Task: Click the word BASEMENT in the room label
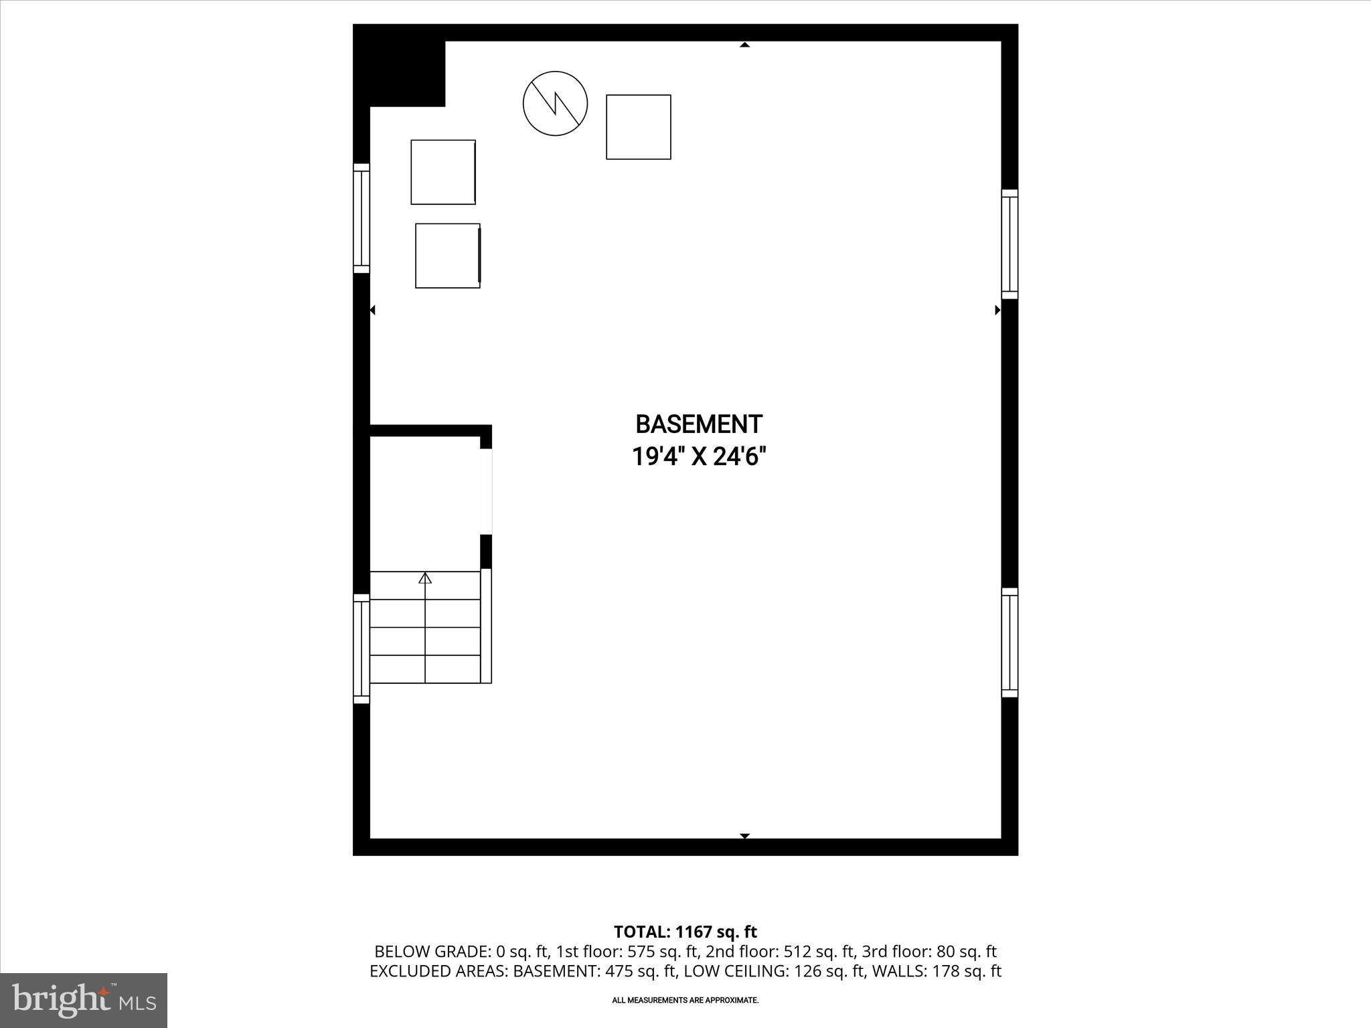coord(698,424)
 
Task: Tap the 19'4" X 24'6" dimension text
coord(698,457)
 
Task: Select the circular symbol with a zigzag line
coord(555,104)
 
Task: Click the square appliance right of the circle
coord(638,127)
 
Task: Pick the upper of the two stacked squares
coord(443,172)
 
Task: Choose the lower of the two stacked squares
coord(448,256)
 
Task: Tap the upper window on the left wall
coord(361,218)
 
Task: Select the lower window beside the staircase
coord(361,649)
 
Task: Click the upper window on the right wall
coord(1010,244)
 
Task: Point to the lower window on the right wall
coord(1010,642)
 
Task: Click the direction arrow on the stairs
coord(425,578)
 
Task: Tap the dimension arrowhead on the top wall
coord(744,45)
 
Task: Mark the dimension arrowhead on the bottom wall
coord(744,836)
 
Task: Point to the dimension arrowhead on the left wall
coord(373,310)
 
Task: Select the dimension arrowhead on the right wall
coord(997,310)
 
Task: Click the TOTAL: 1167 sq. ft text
coord(685,932)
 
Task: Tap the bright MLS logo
coord(84,1000)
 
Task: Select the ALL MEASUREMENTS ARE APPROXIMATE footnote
coord(685,1001)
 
